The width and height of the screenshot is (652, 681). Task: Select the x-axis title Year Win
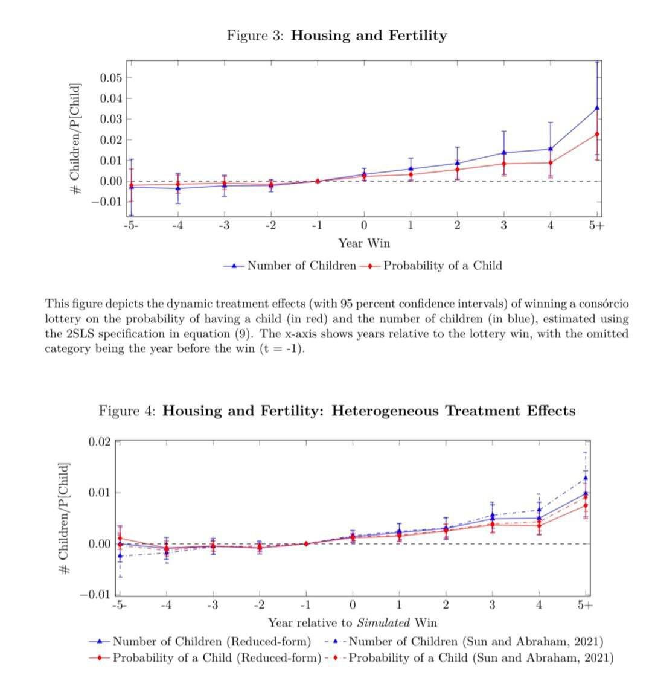pos(364,243)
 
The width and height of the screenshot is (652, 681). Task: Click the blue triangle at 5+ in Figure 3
pos(597,108)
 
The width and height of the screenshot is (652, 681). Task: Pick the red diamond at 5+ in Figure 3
pos(597,134)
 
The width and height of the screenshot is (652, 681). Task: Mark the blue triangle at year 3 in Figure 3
pos(503,152)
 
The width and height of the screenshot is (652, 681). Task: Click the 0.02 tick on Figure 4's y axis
pos(100,442)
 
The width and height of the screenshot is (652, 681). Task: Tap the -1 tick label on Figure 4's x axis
pos(305,606)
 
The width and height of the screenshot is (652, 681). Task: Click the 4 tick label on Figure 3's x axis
pos(550,226)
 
